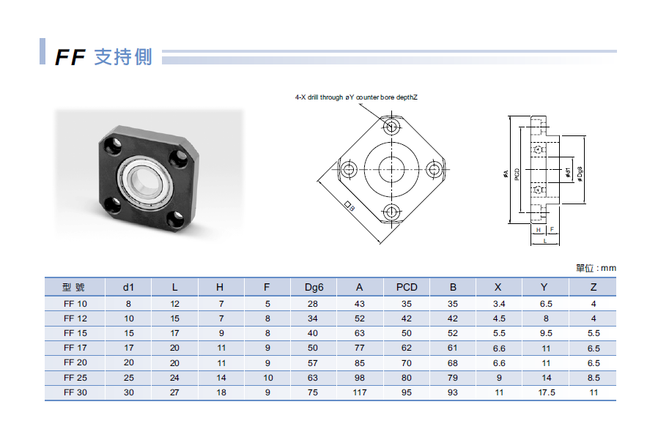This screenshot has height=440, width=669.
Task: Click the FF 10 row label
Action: (75, 304)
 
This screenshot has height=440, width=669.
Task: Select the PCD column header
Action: (407, 287)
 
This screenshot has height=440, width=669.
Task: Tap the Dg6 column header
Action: (314, 287)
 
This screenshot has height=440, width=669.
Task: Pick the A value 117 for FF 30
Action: (360, 392)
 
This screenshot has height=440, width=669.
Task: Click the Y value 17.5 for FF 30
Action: (547, 392)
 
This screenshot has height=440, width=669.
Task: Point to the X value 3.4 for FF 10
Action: (500, 304)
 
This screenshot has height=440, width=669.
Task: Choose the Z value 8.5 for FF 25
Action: (594, 378)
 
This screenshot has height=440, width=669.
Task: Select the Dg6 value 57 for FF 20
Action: (314, 363)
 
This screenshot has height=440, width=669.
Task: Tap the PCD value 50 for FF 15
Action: (407, 333)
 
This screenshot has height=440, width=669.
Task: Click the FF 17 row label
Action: (75, 348)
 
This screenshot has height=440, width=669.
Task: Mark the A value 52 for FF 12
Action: (360, 318)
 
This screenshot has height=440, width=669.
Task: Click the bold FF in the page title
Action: (71, 57)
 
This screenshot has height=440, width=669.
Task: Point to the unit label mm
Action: (608, 269)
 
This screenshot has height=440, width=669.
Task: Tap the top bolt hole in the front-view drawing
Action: (392, 127)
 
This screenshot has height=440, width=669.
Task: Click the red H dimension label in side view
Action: (539, 230)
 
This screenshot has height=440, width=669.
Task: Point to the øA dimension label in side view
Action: (506, 174)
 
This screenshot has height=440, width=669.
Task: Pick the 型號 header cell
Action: (75, 287)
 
